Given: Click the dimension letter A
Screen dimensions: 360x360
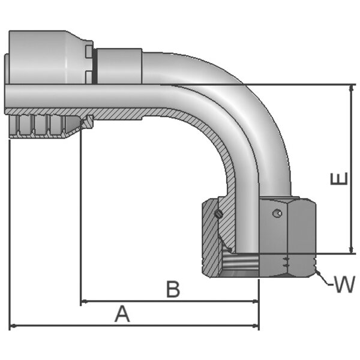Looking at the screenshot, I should click(x=122, y=313).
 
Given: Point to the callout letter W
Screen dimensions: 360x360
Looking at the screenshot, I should click(x=344, y=284).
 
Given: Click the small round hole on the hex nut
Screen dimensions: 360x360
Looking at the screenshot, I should click(x=275, y=213).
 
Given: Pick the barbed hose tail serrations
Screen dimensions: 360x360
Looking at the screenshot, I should click(x=42, y=127).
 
